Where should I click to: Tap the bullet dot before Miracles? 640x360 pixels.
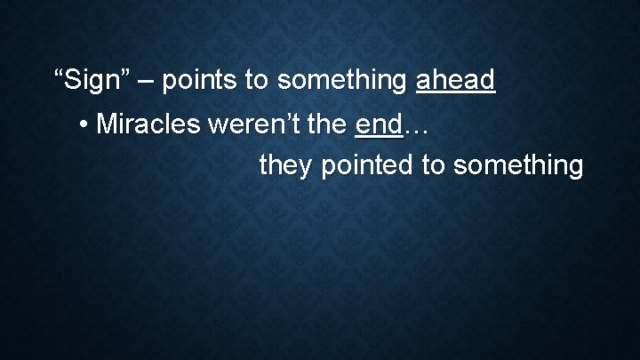(83, 124)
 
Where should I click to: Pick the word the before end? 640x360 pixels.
(328, 124)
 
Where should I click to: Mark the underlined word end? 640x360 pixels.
(378, 124)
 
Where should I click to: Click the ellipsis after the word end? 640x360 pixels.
(416, 130)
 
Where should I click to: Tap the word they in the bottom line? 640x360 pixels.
(283, 165)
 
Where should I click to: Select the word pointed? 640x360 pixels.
(356, 165)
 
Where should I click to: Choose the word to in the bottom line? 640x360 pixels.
(420, 165)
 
